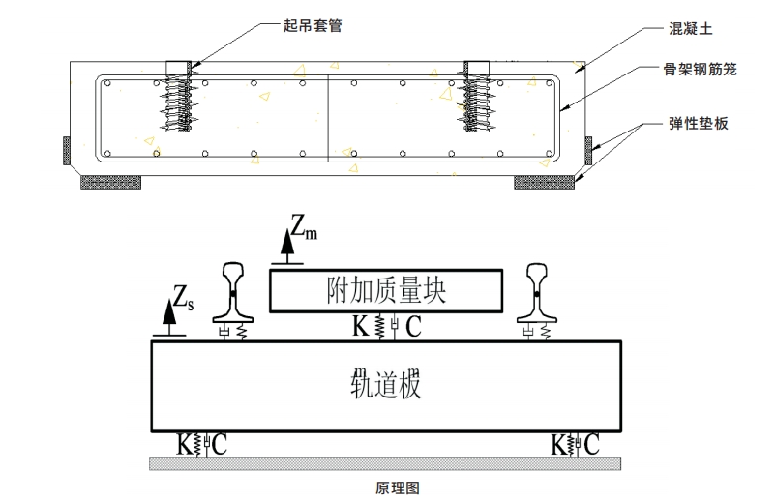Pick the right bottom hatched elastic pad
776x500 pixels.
click(545, 181)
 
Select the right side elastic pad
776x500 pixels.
click(587, 150)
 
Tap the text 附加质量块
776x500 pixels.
click(385, 289)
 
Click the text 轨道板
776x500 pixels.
click(385, 385)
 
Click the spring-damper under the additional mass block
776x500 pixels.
click(386, 327)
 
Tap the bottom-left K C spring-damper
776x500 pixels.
click(201, 445)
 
